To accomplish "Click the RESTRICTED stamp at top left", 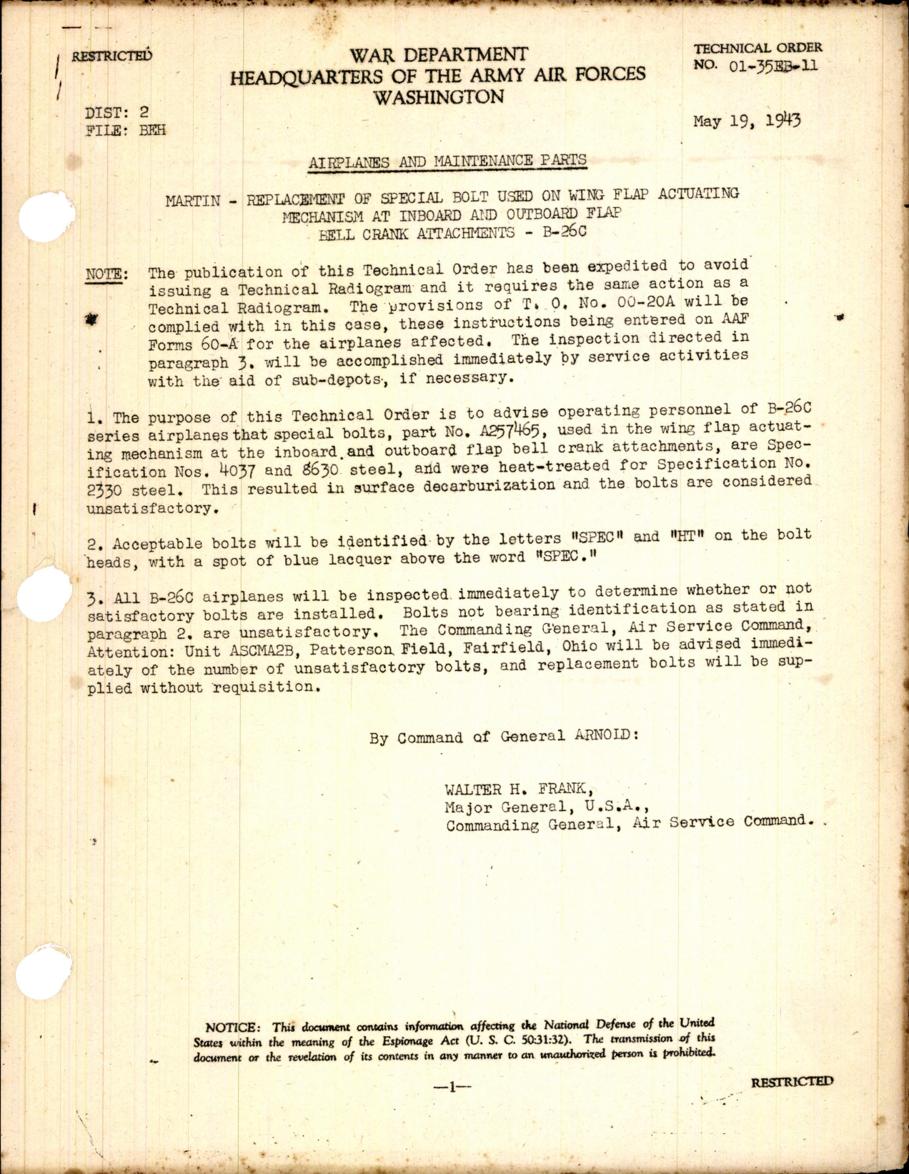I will point(111,56).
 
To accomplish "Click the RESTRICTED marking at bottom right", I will point(792,1082).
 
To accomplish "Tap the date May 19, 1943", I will point(747,121).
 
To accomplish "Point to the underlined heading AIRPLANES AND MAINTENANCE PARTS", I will point(447,161).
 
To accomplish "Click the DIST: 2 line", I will point(117,111).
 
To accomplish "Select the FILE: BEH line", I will point(125,130).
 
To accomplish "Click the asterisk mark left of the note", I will point(91,321).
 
